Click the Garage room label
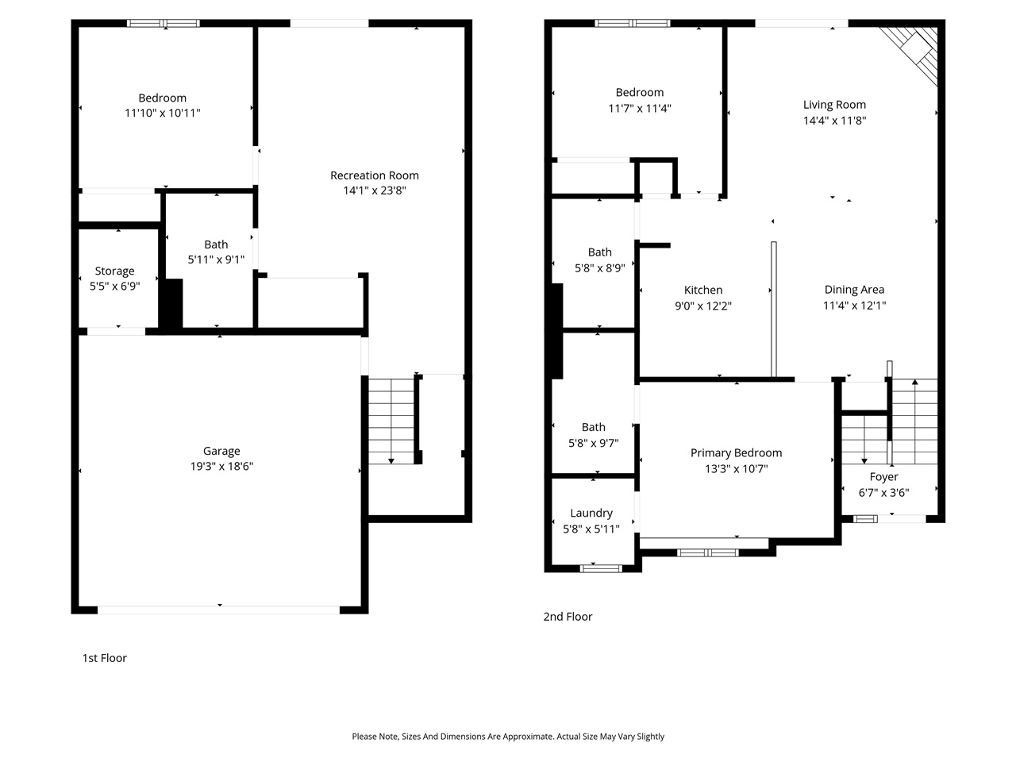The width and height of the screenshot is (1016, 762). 221,451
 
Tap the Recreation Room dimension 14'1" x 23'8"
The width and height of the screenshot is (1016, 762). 375,190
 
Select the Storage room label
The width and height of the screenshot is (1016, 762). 114,271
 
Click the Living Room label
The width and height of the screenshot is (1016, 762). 834,105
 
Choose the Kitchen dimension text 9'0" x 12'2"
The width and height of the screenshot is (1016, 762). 703,306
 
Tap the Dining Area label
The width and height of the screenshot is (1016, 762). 854,290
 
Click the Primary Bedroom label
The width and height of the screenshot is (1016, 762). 736,452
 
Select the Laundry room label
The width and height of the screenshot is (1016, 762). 591,513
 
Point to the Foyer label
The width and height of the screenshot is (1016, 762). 883,477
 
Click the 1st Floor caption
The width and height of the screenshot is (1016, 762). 104,658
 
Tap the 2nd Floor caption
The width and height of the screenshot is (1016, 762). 568,617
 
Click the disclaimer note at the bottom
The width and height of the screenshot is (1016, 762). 508,737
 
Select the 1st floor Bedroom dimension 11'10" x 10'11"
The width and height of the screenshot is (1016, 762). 162,114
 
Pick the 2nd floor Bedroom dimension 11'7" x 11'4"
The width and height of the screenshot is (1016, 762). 640,109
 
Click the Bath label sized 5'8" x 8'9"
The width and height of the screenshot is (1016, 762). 599,252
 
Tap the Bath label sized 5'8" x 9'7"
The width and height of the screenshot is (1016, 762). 593,427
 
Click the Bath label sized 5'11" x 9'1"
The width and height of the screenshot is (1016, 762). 216,244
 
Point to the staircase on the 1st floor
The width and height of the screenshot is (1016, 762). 391,421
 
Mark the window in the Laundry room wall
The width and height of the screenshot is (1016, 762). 601,568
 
